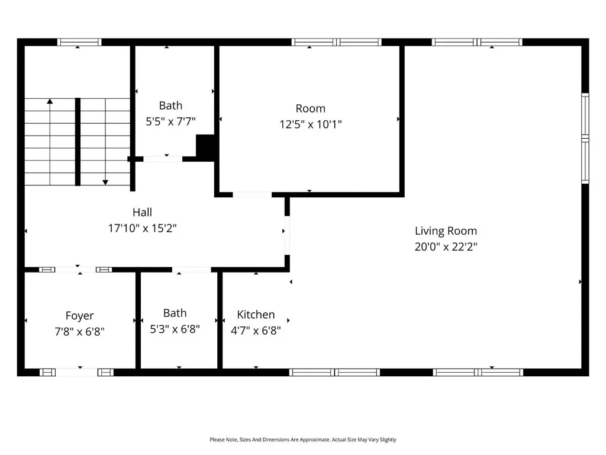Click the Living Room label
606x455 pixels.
tap(446, 231)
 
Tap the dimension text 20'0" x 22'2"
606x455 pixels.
tap(446, 247)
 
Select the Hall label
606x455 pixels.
tap(142, 213)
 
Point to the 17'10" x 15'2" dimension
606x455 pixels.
tap(142, 228)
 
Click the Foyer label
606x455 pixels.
tap(80, 316)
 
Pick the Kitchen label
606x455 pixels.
tap(256, 315)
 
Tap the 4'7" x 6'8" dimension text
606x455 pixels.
tap(256, 331)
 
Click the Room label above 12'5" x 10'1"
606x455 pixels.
tap(310, 108)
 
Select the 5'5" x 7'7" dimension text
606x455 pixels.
tap(170, 121)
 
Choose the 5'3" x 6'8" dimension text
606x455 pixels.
tap(175, 329)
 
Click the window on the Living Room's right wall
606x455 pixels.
tap(585, 138)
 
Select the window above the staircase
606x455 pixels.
tap(79, 42)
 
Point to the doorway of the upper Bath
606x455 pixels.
tap(163, 159)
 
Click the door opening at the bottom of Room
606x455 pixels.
tap(252, 194)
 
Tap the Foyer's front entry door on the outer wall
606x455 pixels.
tap(76, 372)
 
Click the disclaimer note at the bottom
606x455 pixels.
tap(303, 440)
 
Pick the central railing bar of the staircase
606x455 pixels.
tap(78, 142)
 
